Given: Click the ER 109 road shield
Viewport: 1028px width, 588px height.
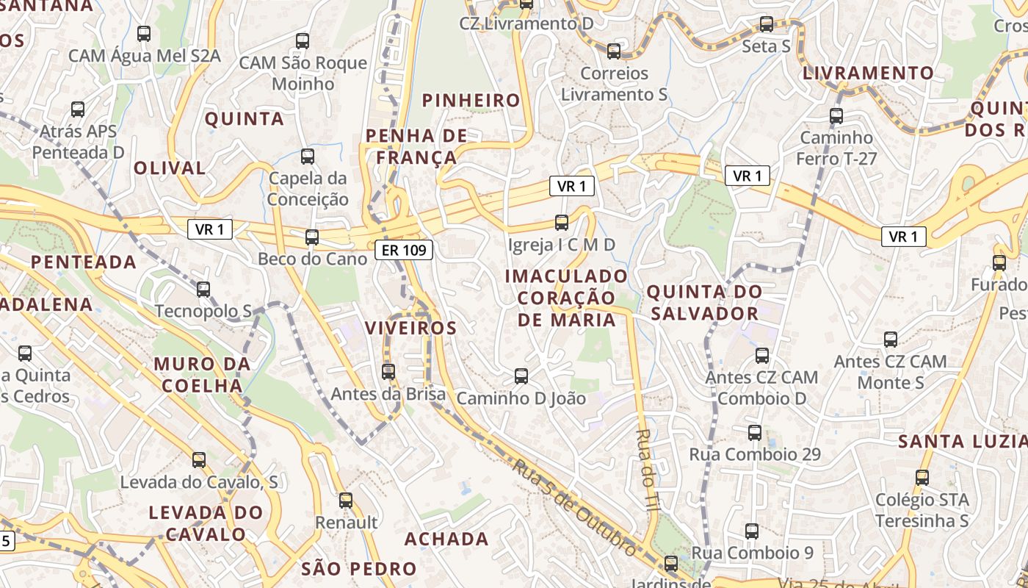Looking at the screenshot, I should [x=404, y=251].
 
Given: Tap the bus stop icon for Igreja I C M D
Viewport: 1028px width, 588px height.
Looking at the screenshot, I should [x=562, y=222].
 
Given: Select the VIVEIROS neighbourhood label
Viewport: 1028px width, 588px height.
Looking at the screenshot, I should [x=411, y=328].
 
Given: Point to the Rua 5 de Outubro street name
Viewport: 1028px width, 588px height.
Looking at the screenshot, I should [x=574, y=508].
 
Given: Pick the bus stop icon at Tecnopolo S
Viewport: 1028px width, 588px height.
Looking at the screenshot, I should [x=203, y=289].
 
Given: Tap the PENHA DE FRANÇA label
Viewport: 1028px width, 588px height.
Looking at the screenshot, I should [x=416, y=146].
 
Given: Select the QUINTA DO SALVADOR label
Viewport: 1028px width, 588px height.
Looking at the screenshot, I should [x=703, y=303].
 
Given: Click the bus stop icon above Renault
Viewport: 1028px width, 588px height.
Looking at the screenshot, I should [x=346, y=501].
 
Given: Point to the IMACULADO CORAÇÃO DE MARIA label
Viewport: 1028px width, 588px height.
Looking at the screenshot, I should [x=567, y=298].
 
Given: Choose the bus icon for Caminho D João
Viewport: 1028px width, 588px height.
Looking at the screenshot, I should [x=521, y=376].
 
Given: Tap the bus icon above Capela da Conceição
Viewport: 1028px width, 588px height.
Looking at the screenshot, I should [x=308, y=157].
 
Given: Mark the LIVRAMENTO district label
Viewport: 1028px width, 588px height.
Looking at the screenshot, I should [x=868, y=73].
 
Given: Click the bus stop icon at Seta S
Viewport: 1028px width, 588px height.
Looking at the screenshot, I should [x=767, y=24].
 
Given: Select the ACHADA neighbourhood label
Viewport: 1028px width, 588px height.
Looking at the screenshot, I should [x=446, y=539].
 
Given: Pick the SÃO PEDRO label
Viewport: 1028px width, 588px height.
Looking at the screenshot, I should [x=359, y=569].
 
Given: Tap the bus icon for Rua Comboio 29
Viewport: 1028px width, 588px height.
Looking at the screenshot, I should [x=755, y=433].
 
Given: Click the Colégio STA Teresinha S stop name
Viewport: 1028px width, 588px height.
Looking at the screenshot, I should [x=922, y=510].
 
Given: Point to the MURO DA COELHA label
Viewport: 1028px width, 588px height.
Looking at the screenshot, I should [x=202, y=375].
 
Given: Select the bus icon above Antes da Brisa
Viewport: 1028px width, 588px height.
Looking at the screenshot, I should [x=388, y=372].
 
